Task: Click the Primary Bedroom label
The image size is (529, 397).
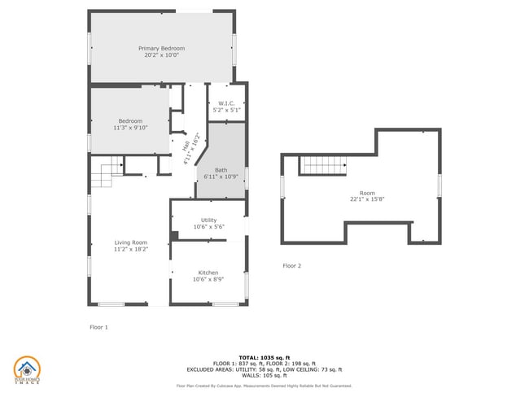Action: point(161,49)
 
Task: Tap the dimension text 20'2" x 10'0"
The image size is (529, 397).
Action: point(161,55)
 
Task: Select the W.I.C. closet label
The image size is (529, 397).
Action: point(226,103)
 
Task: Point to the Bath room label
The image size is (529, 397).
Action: point(221,169)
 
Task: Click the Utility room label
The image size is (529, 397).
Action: point(209,220)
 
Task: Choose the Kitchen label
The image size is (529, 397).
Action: point(208,273)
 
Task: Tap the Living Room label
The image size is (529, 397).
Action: point(130,242)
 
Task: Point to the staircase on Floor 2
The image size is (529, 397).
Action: point(323,165)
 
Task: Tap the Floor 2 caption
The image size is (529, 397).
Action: point(291,266)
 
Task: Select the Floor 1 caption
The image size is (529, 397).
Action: point(98,327)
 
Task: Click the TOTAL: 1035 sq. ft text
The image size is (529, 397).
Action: point(264,357)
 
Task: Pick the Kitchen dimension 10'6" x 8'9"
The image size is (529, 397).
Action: point(208,280)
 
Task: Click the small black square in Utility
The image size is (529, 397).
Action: point(175,236)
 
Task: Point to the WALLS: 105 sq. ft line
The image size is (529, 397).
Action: point(264,377)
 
